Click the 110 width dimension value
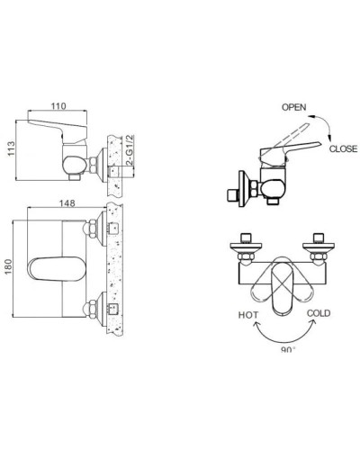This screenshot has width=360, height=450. point(58,105)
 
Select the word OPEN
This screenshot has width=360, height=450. point(293,106)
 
